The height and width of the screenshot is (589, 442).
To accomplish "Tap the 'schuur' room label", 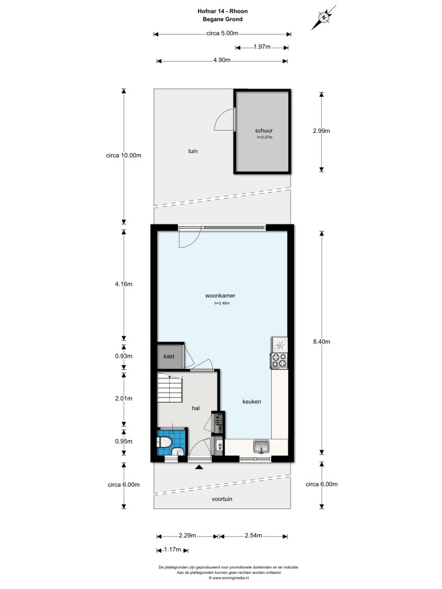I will click(x=264, y=131).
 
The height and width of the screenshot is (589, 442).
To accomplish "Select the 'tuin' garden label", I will click(x=193, y=151).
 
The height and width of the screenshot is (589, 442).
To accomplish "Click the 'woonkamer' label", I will click(x=220, y=296).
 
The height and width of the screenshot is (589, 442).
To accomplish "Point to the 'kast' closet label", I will click(x=169, y=357).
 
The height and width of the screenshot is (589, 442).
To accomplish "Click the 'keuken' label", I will click(x=252, y=401).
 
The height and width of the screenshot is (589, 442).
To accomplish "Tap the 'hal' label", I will click(x=196, y=408).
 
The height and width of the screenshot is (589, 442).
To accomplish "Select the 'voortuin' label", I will click(x=221, y=499).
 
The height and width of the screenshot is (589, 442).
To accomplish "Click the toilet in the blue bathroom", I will click(x=165, y=443).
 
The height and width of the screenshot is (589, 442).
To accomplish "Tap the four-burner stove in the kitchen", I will click(x=279, y=361).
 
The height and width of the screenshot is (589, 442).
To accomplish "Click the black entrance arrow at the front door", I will click(x=199, y=467).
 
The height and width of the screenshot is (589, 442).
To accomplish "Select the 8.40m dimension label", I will click(x=321, y=342).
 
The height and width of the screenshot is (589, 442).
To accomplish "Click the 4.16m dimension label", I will click(x=123, y=284).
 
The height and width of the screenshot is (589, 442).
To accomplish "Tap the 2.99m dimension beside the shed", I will click(x=321, y=131).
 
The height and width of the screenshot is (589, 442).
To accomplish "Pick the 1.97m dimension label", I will click(x=262, y=47).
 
